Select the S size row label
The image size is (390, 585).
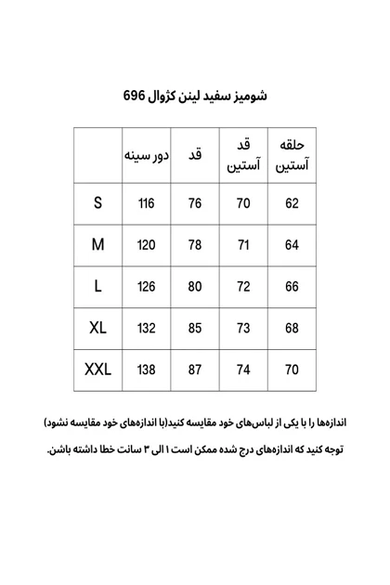point(97,203)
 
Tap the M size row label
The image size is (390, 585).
point(97,245)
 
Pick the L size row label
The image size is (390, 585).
point(97,287)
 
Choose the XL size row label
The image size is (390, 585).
point(97,328)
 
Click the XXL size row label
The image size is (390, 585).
point(97,370)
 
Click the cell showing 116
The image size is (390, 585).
point(146,204)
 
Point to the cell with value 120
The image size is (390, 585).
point(146,245)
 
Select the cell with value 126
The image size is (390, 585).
point(146,287)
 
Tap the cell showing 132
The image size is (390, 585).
point(146,328)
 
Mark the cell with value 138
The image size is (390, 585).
point(146,370)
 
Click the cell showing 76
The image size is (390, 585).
point(195,204)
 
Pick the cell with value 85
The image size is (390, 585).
point(195,328)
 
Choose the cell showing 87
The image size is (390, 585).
point(195,370)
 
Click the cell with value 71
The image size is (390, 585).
point(243,245)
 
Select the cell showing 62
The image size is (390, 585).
point(292,204)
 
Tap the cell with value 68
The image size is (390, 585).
point(292,328)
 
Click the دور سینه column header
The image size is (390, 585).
point(146,155)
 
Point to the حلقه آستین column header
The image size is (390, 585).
point(292,155)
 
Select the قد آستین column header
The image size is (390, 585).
point(243,155)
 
